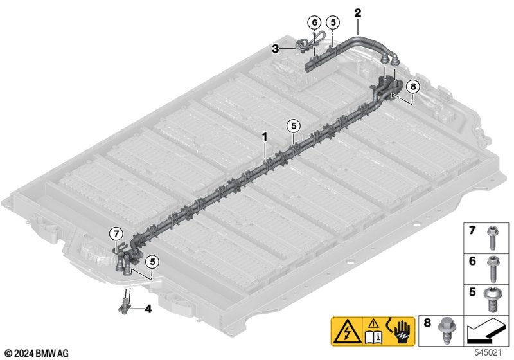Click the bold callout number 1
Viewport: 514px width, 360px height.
coord(265,138)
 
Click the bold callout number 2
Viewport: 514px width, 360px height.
coord(358,13)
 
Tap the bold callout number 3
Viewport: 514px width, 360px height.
coord(276,50)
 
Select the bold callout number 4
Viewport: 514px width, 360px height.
coord(148,309)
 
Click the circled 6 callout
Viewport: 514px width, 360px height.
coord(315,22)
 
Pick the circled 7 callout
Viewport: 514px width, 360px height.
coord(116,234)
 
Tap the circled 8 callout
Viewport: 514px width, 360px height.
coord(412,87)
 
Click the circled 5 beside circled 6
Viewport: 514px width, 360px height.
coord(333,22)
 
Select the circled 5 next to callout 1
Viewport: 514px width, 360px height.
coord(294,126)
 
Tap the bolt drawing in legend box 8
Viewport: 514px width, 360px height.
coord(446,330)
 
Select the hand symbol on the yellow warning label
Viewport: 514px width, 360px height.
coord(404,331)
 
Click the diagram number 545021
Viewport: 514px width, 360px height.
coord(488,352)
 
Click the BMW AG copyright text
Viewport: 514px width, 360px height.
coord(37,354)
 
